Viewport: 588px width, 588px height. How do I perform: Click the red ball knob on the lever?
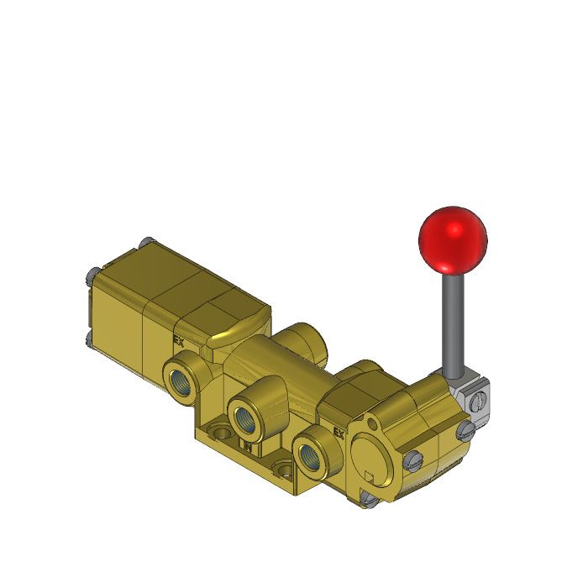coord(452,238)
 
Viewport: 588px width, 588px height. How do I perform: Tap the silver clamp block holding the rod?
coord(471,395)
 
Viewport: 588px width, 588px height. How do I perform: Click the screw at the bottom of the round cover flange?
coord(366,501)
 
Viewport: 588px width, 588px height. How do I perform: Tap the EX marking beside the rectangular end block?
coord(178,341)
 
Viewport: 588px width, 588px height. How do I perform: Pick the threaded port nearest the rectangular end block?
coord(182,375)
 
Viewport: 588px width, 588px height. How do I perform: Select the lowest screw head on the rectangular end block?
coord(89,339)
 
